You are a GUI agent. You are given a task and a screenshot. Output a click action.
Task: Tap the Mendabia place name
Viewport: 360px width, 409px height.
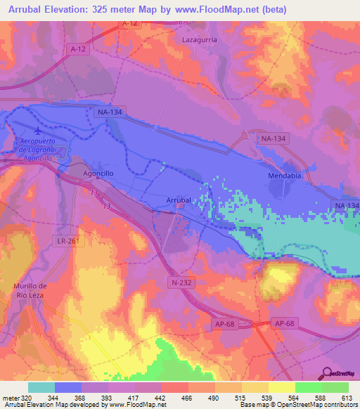pos(284,176)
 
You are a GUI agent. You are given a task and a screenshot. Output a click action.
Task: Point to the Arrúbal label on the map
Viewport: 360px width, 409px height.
pos(179,200)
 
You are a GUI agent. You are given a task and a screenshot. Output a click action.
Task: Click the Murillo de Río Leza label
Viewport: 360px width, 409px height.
pos(30,290)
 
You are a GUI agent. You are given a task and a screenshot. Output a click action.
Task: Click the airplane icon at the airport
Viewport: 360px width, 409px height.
pos(37,133)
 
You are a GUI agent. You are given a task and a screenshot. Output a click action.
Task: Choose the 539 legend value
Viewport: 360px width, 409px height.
pos(268,397)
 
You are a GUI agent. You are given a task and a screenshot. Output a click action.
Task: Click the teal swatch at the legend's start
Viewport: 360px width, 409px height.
pos(41,387)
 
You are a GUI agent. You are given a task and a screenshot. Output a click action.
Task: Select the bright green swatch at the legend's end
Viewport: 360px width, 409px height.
pos(335,387)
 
